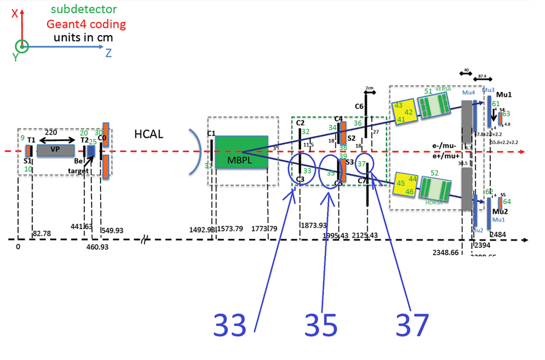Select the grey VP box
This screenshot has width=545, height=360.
click(55, 150)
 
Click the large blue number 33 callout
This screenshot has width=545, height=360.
click(230, 324)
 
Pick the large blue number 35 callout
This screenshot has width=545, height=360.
click(321, 324)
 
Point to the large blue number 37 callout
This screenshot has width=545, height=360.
click(412, 324)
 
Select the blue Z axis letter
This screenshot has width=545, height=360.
click(109, 53)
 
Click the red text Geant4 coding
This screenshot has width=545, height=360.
click(86, 24)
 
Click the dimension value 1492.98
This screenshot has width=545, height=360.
click(202, 230)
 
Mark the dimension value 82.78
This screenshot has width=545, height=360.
click(42, 233)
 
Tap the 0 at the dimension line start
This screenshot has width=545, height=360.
click(18, 247)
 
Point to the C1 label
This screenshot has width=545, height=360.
click(211, 133)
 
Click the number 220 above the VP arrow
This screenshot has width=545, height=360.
click(51, 131)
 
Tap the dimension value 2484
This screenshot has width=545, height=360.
click(498, 235)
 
